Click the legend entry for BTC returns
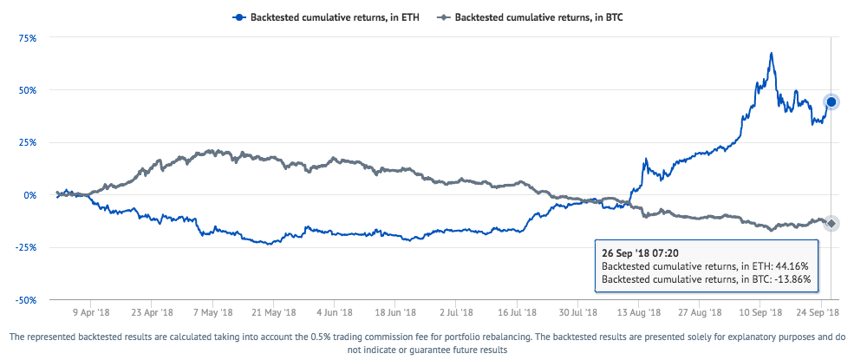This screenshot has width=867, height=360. (x=538, y=16)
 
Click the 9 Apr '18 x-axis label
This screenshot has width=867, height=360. (x=90, y=311)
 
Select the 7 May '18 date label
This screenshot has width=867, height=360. (x=212, y=311)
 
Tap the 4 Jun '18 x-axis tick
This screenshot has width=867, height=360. (x=335, y=311)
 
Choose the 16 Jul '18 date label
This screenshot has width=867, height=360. (x=518, y=311)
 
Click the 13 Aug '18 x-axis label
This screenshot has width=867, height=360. (x=640, y=311)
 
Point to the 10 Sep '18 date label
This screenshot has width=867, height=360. (x=762, y=311)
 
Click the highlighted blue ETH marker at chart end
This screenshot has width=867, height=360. (x=831, y=102)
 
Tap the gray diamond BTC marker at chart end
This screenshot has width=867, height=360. (x=831, y=224)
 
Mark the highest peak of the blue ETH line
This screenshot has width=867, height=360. (x=771, y=54)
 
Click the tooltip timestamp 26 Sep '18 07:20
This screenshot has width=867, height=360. (x=639, y=253)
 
